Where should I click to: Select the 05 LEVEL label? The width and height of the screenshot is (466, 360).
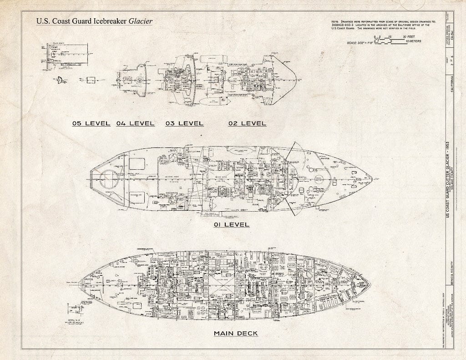[91, 123]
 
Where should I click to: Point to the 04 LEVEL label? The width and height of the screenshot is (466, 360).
[135, 123]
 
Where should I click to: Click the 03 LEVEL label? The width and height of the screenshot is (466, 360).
[184, 123]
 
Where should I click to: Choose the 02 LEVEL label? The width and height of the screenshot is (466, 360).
[247, 123]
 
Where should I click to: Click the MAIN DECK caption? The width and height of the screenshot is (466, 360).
[236, 334]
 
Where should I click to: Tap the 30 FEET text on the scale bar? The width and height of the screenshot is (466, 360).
[409, 36]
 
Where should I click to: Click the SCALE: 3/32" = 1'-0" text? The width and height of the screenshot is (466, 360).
[360, 42]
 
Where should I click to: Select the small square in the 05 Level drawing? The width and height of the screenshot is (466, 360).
[91, 80]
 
